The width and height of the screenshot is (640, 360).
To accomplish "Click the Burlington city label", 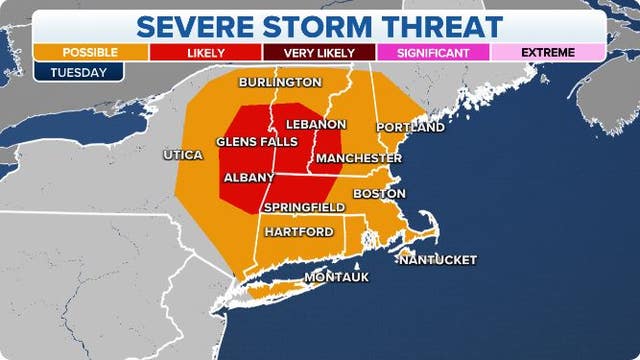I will point(280,82).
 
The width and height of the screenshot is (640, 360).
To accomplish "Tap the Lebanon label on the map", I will point(316,124).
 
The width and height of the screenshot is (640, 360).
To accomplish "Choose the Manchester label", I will point(353,158).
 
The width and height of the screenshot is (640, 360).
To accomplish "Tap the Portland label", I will point(410,128).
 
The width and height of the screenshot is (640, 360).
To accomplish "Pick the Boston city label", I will point(381,193).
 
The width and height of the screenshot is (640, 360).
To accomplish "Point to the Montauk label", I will point(336,276).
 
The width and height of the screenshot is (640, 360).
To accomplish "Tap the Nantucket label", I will point(437,260).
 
